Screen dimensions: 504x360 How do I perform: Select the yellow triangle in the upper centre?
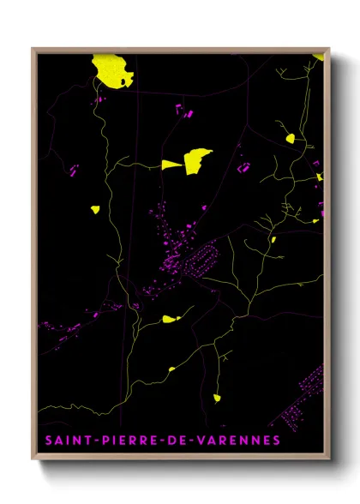(172, 164)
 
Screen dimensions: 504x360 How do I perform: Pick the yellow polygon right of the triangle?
(197, 160)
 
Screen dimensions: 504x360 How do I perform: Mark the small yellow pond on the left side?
(94, 208)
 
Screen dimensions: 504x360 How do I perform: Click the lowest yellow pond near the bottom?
(217, 397)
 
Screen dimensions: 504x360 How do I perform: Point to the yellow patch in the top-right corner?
(319, 55)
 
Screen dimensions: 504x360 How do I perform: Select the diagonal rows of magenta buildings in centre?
(203, 258)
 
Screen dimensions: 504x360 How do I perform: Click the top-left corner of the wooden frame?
(33, 49)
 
